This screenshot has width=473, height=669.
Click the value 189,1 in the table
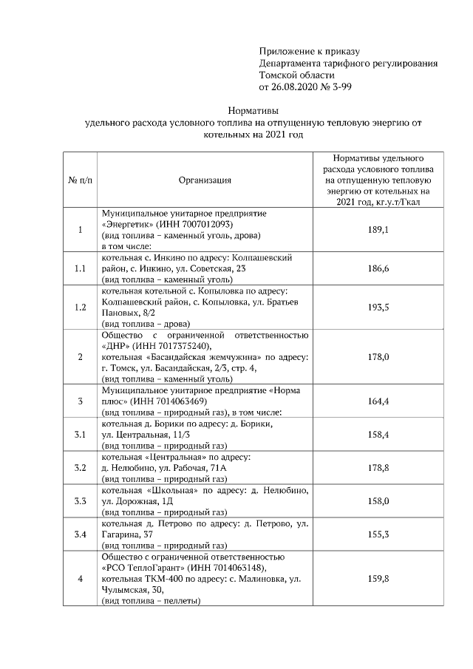tap(378, 230)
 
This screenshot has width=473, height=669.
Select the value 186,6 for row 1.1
tap(378, 268)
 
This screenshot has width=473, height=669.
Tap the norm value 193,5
tap(378, 306)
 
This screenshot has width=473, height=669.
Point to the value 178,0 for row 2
tap(378, 356)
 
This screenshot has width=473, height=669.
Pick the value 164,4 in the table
tap(378, 400)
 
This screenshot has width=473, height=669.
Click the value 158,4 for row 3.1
tap(378, 434)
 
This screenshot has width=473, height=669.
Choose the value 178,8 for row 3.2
tap(378, 468)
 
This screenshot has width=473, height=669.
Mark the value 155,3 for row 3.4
tap(378, 533)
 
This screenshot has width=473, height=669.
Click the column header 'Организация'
tap(205, 180)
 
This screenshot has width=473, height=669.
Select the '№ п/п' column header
tap(81, 180)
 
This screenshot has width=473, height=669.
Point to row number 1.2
tap(81, 306)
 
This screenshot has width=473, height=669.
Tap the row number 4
tap(81, 578)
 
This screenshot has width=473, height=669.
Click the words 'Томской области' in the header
tap(296, 75)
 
